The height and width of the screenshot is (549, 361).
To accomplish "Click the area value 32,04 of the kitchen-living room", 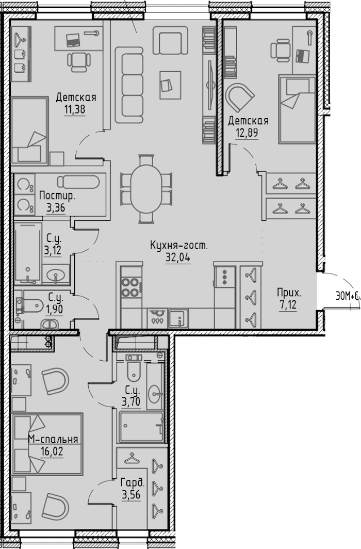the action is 178,257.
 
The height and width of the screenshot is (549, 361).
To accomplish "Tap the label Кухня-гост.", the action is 179,245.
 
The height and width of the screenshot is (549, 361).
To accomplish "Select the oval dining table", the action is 146,189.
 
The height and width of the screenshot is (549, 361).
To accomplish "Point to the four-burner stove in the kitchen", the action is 131,287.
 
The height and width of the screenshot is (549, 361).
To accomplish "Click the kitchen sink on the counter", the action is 178,319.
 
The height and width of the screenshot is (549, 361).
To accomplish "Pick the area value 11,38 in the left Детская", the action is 74,109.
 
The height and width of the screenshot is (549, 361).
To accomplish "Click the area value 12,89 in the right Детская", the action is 247,133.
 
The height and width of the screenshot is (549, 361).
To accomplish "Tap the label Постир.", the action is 57,196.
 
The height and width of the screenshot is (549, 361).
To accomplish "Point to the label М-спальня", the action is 53,439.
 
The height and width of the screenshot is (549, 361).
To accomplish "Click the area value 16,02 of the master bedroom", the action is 52,451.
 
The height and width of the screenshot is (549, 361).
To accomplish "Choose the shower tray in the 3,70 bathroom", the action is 141,427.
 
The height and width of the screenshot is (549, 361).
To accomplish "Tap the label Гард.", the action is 133,483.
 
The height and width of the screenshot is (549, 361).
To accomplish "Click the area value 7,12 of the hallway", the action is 288,304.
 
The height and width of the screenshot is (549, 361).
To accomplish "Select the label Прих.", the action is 289,293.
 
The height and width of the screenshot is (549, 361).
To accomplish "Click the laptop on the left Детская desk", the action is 73,40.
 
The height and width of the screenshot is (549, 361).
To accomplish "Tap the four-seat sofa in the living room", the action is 129,85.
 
